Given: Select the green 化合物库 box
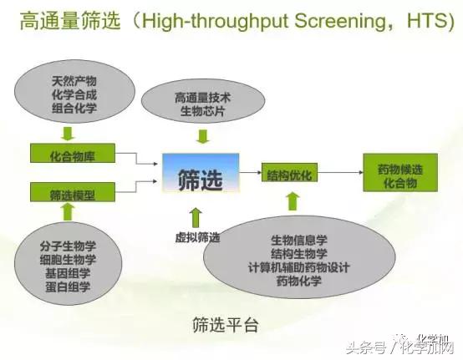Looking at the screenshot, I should pyautogui.click(x=71, y=154).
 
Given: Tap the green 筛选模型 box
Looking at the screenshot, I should pyautogui.click(x=71, y=194).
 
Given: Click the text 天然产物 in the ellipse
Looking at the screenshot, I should pyautogui.click(x=74, y=80).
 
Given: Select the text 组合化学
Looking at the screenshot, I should pyautogui.click(x=74, y=107).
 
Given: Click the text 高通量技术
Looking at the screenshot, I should pyautogui.click(x=203, y=98).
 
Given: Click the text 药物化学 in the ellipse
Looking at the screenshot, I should pyautogui.click(x=299, y=281).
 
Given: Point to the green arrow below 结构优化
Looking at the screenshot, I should pyautogui.click(x=292, y=200).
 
